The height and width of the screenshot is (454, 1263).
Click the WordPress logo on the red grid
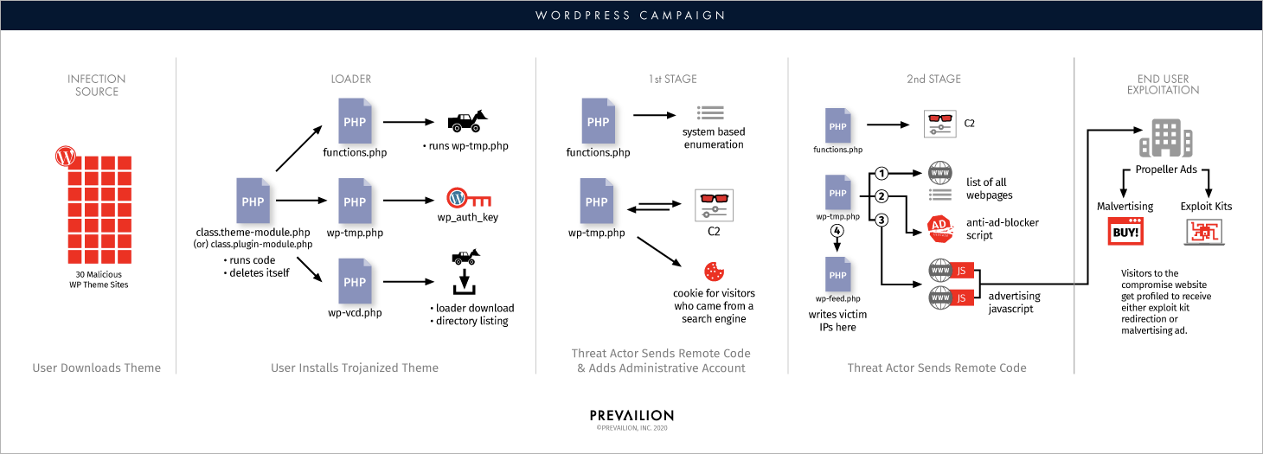pyautogui.click(x=64, y=157)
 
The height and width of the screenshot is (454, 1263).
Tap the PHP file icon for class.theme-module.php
pyautogui.click(x=253, y=201)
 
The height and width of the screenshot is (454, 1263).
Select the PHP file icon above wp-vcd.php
pyautogui.click(x=355, y=283)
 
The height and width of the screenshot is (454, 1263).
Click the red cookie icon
pyautogui.click(x=714, y=271)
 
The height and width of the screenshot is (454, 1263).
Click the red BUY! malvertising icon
pyautogui.click(x=1125, y=231)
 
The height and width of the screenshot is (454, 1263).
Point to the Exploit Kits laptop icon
pyautogui.click(x=1205, y=231)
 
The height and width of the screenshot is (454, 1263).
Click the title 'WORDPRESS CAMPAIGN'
pyautogui.click(x=631, y=15)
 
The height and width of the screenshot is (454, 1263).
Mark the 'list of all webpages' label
pyautogui.click(x=991, y=189)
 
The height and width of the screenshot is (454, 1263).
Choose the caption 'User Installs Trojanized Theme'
pyautogui.click(x=355, y=368)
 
